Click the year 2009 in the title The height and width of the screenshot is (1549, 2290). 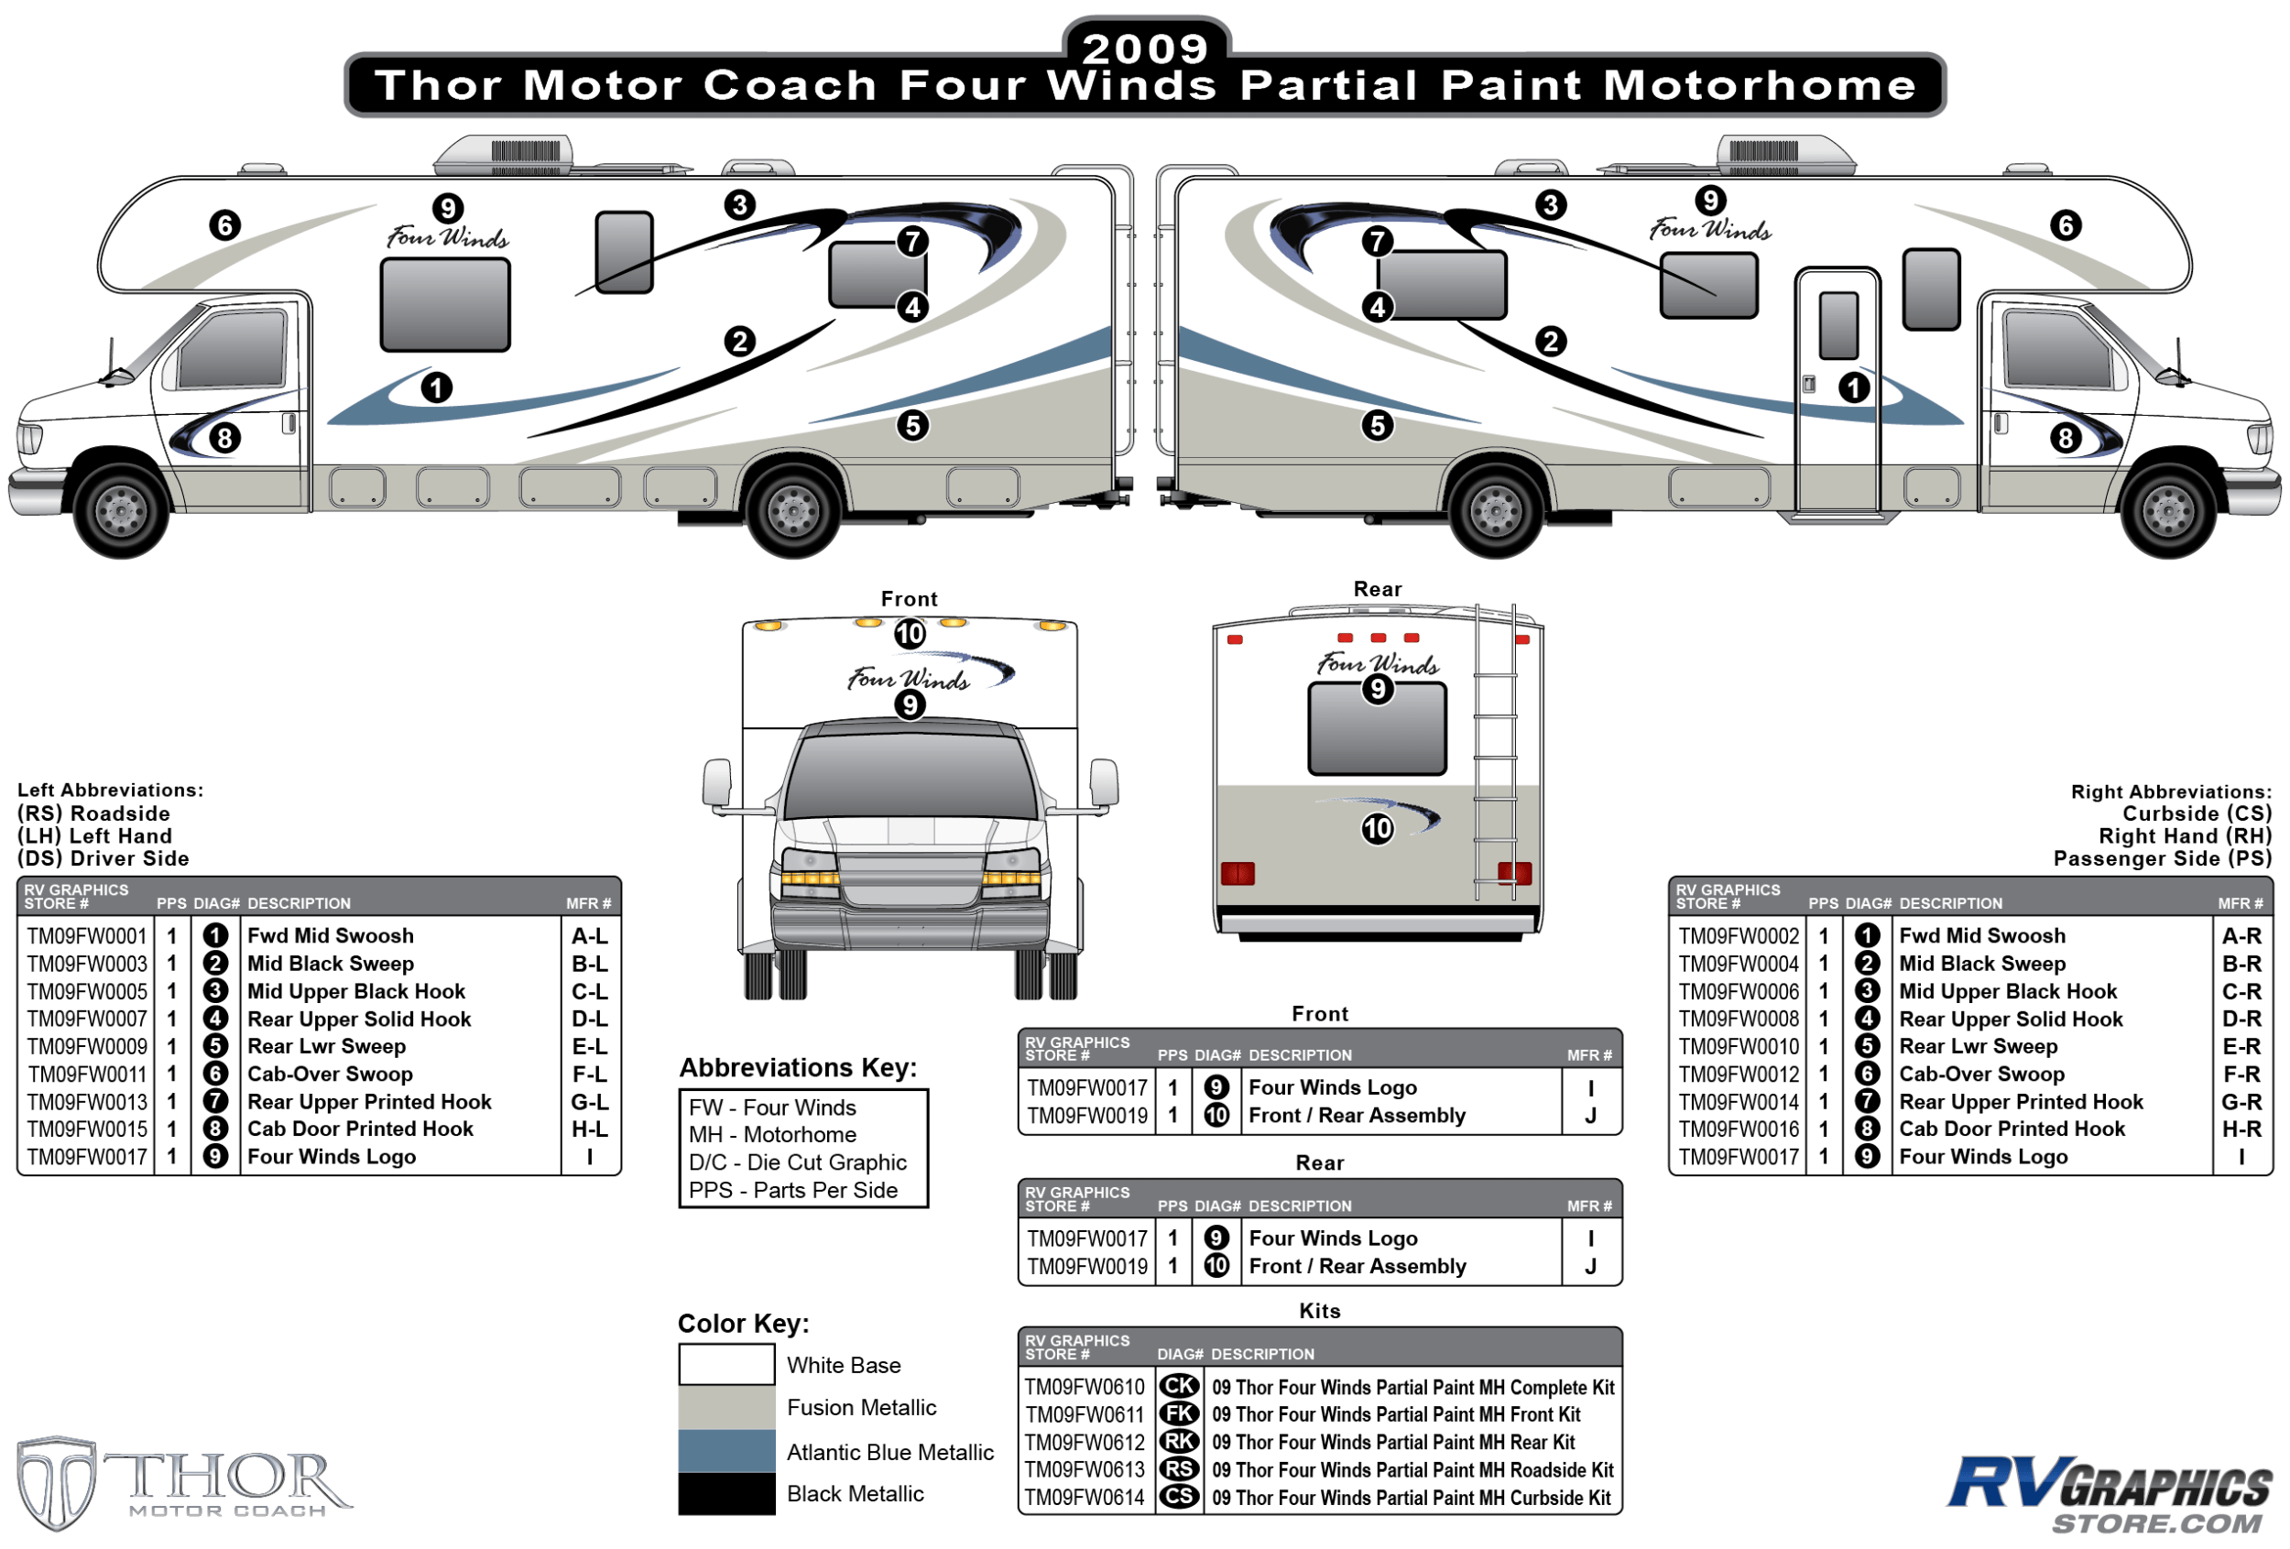(x=1145, y=48)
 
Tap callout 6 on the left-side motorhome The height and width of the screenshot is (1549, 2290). (x=224, y=225)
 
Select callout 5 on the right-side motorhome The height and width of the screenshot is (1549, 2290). (x=1378, y=426)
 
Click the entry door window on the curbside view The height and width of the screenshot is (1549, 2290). (x=1838, y=324)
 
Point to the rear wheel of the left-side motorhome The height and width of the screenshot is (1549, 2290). (x=794, y=509)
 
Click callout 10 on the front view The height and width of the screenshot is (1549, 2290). (x=910, y=634)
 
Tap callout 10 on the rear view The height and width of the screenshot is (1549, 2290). (x=1378, y=828)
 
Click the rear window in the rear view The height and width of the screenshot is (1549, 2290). (x=1378, y=730)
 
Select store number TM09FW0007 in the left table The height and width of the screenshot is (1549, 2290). (x=87, y=1019)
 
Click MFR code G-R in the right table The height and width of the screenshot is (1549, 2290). (x=2241, y=1102)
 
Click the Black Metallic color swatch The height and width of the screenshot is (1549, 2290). (x=726, y=1493)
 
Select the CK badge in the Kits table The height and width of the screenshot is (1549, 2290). (x=1179, y=1387)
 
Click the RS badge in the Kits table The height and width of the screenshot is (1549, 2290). (x=1179, y=1469)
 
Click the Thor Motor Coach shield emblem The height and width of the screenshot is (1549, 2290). (x=56, y=1483)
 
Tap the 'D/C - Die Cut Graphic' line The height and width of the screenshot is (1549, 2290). (x=797, y=1162)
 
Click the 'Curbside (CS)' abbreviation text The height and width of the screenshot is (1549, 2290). (x=2197, y=814)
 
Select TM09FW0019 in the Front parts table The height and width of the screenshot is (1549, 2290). (x=1087, y=1116)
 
